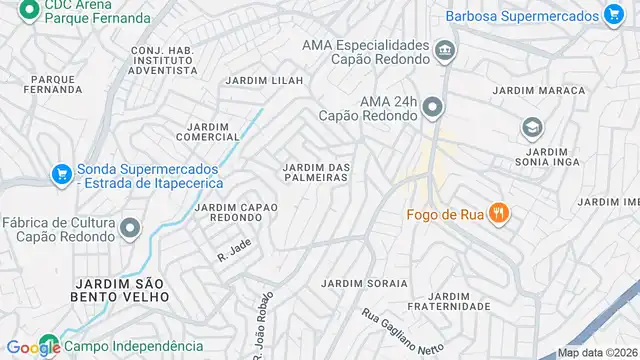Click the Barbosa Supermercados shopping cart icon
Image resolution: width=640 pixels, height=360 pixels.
click(x=614, y=14)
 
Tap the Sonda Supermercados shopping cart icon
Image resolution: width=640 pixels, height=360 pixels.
click(x=62, y=174)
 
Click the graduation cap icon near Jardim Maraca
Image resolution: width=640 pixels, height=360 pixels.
click(x=532, y=128)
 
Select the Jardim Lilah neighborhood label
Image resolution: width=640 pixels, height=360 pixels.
click(x=264, y=81)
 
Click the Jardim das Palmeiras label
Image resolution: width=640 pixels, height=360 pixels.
click(x=316, y=172)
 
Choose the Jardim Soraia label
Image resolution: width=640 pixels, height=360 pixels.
click(x=365, y=283)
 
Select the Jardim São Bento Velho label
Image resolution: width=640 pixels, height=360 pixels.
click(x=120, y=290)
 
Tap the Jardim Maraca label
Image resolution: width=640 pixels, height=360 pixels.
click(x=539, y=91)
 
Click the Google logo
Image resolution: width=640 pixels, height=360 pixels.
click(x=34, y=347)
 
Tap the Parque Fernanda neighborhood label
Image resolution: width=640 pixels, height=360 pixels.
click(x=57, y=84)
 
